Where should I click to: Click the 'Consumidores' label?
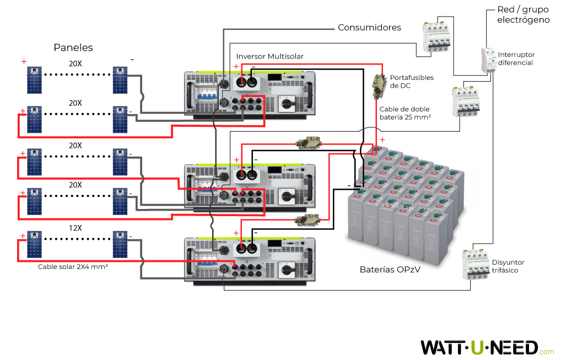click(369, 27)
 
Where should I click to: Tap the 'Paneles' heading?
click(73, 47)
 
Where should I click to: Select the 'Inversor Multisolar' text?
click(269, 56)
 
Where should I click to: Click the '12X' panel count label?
click(75, 228)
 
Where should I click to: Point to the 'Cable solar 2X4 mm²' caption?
click(72, 266)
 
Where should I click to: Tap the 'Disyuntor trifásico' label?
click(508, 266)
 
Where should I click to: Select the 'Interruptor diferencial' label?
click(516, 58)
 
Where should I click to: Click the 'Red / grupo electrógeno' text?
click(523, 15)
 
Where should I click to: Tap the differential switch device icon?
click(488, 61)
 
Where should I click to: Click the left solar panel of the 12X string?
click(34, 245)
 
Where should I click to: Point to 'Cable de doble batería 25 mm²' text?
click(404, 113)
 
